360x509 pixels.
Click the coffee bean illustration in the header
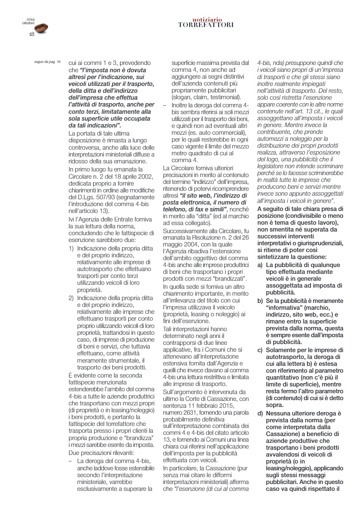click(x=41, y=28)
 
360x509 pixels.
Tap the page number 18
click(x=31, y=34)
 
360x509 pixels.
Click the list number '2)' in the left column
click(x=72, y=298)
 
